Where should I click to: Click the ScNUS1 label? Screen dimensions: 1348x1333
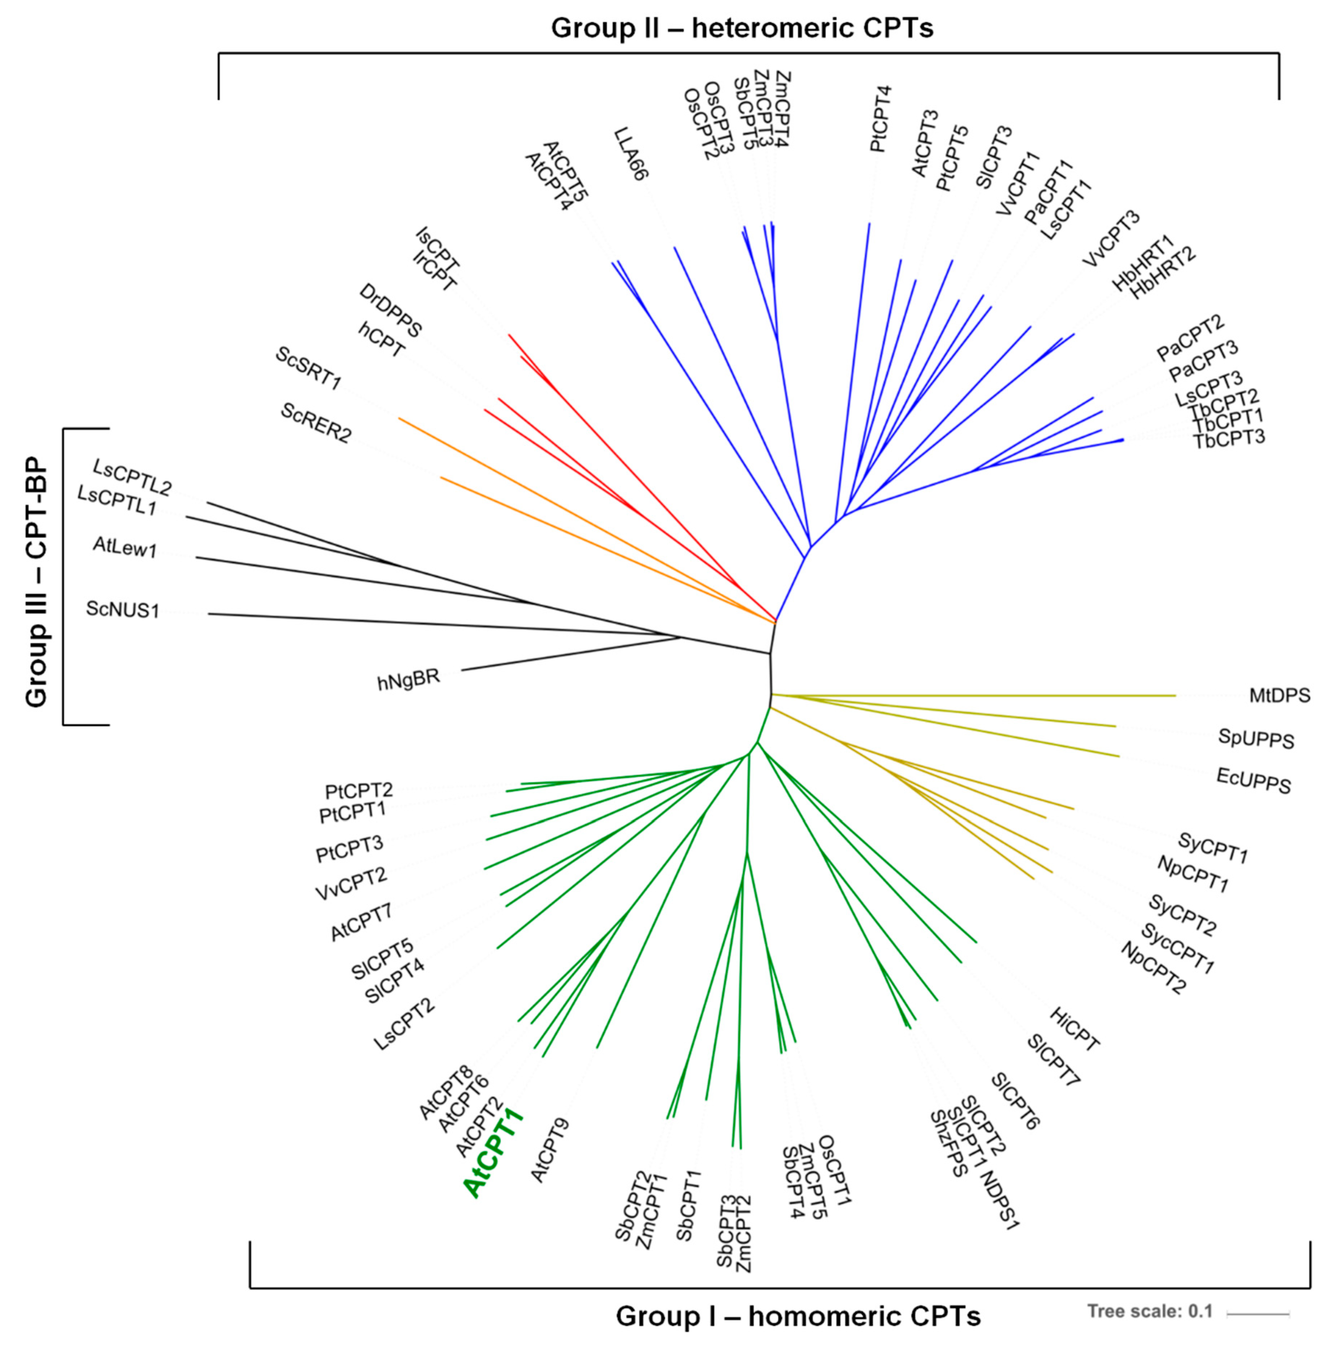tap(123, 609)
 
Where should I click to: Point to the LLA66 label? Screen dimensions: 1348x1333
tap(631, 154)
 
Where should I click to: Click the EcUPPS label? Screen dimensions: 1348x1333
tap(1254, 780)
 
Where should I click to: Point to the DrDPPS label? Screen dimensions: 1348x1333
tap(391, 311)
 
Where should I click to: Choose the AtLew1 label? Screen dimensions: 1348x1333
tap(126, 548)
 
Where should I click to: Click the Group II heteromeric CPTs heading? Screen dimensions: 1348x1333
tap(742, 28)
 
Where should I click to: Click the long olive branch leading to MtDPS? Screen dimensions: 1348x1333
tap(977, 695)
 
